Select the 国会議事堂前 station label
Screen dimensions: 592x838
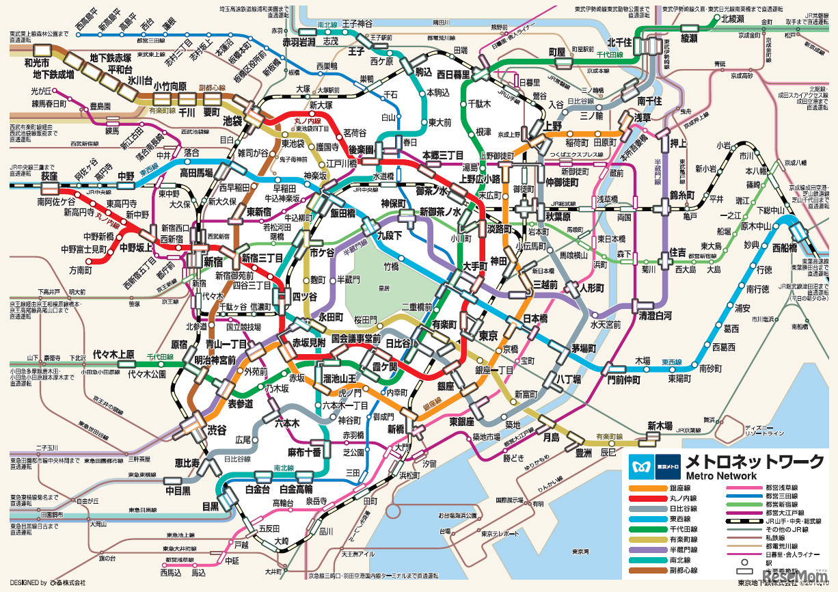point(355,338)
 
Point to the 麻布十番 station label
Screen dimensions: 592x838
point(304,453)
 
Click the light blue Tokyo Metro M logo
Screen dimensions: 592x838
point(641,461)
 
